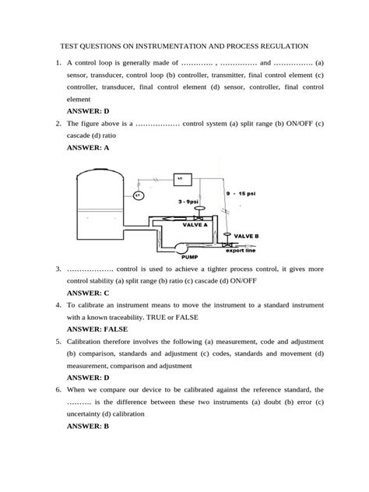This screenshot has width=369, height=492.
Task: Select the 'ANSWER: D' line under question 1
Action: click(x=90, y=111)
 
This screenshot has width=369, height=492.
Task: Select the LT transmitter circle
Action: click(x=139, y=195)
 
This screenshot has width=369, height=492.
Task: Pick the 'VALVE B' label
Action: click(x=246, y=235)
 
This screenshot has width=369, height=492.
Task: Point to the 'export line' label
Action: click(x=241, y=251)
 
